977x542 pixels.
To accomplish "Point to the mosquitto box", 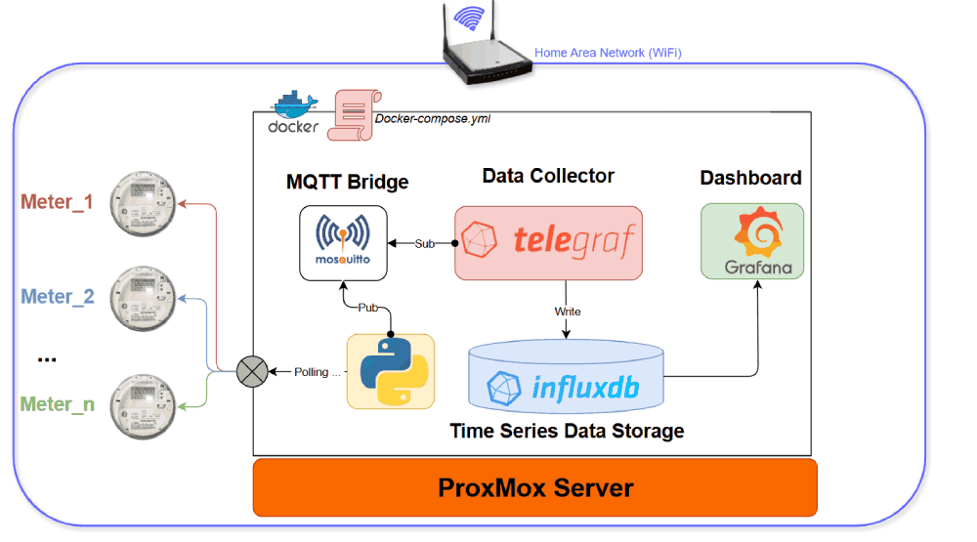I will click(342, 243).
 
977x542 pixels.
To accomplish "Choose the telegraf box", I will click(548, 241).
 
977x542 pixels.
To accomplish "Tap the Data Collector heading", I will click(548, 176).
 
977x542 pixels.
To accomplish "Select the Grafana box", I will click(752, 240).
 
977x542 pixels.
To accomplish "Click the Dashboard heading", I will click(750, 178).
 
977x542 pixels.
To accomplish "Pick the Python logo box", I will click(391, 371).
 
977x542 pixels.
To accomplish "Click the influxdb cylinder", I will click(567, 381).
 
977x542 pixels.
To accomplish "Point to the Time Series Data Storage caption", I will click(567, 431).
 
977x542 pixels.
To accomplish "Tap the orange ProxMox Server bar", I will click(534, 487).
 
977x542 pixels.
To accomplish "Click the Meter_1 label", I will click(57, 203).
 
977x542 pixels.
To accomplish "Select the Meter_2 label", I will click(58, 297).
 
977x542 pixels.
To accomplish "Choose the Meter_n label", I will click(58, 404).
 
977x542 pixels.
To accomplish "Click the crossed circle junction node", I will click(252, 371).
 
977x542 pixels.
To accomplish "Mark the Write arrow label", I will click(568, 312).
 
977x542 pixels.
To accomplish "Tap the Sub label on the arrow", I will click(425, 243).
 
